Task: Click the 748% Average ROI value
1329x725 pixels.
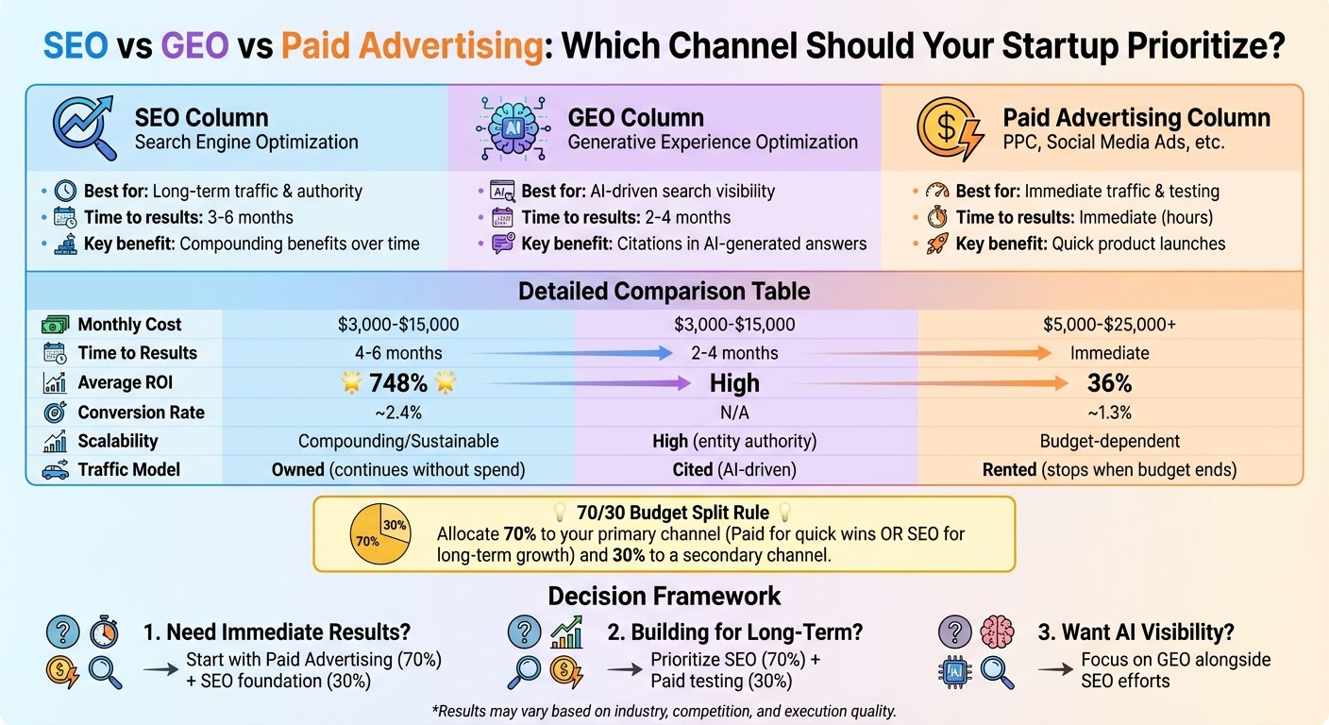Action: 397,383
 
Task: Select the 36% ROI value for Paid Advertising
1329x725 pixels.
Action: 1109,383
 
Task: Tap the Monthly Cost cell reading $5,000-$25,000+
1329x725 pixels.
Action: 1109,325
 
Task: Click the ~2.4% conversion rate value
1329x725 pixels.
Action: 397,413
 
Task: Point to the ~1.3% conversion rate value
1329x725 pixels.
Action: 1109,413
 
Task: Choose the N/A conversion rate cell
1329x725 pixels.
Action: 734,413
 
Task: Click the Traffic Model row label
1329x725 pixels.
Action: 127,470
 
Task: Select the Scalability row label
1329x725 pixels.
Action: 117,441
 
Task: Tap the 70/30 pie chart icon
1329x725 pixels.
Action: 379,533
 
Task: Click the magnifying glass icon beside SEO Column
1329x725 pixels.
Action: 82,128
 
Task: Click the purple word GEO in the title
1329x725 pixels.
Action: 194,45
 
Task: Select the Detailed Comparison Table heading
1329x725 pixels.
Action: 664,292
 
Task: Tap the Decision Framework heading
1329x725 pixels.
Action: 664,596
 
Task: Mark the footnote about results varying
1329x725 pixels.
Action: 664,710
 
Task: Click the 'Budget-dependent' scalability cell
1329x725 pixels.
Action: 1109,441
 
